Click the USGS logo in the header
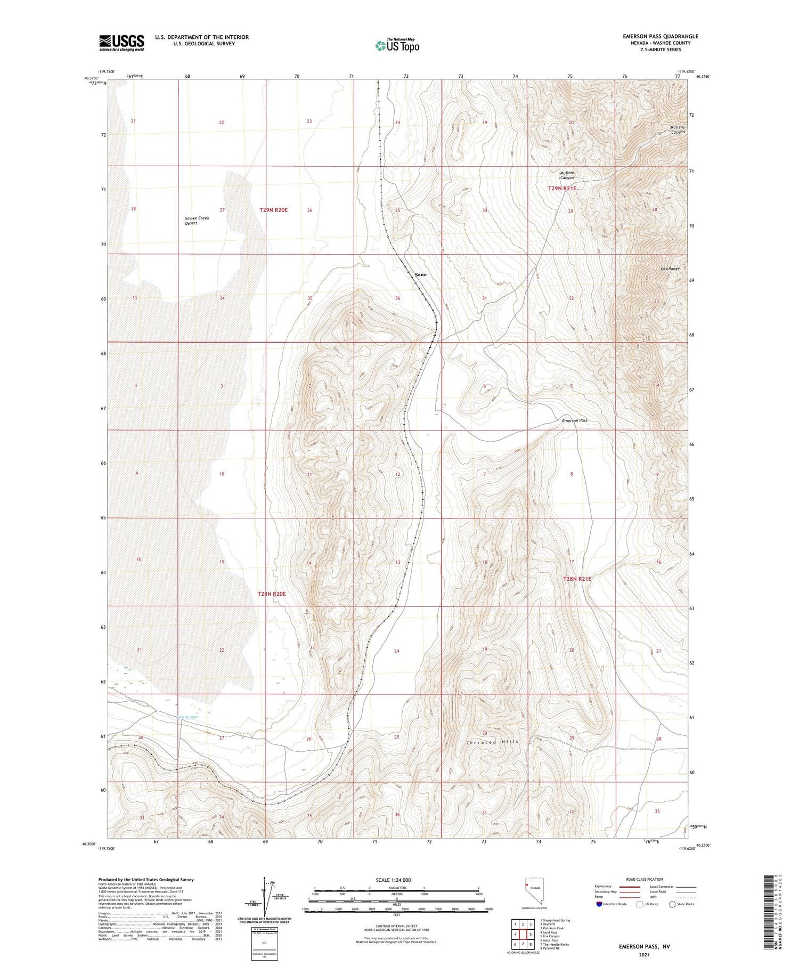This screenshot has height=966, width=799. click(x=121, y=43)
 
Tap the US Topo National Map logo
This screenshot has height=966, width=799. click(x=397, y=45)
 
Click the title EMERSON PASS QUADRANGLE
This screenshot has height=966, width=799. click(x=660, y=36)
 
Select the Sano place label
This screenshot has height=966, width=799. click(x=420, y=274)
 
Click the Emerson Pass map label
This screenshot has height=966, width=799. click(x=574, y=420)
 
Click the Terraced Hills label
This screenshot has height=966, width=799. click(x=493, y=742)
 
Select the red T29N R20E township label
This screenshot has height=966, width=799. click(x=273, y=210)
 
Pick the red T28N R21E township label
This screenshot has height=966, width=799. click(x=577, y=579)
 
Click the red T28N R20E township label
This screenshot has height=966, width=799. click(x=272, y=594)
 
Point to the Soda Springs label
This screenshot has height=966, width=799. click(x=186, y=717)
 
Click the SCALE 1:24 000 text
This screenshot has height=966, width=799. click(x=393, y=880)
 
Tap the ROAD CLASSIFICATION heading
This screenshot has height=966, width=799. click(x=645, y=879)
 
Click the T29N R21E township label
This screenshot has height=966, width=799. click(x=562, y=189)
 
